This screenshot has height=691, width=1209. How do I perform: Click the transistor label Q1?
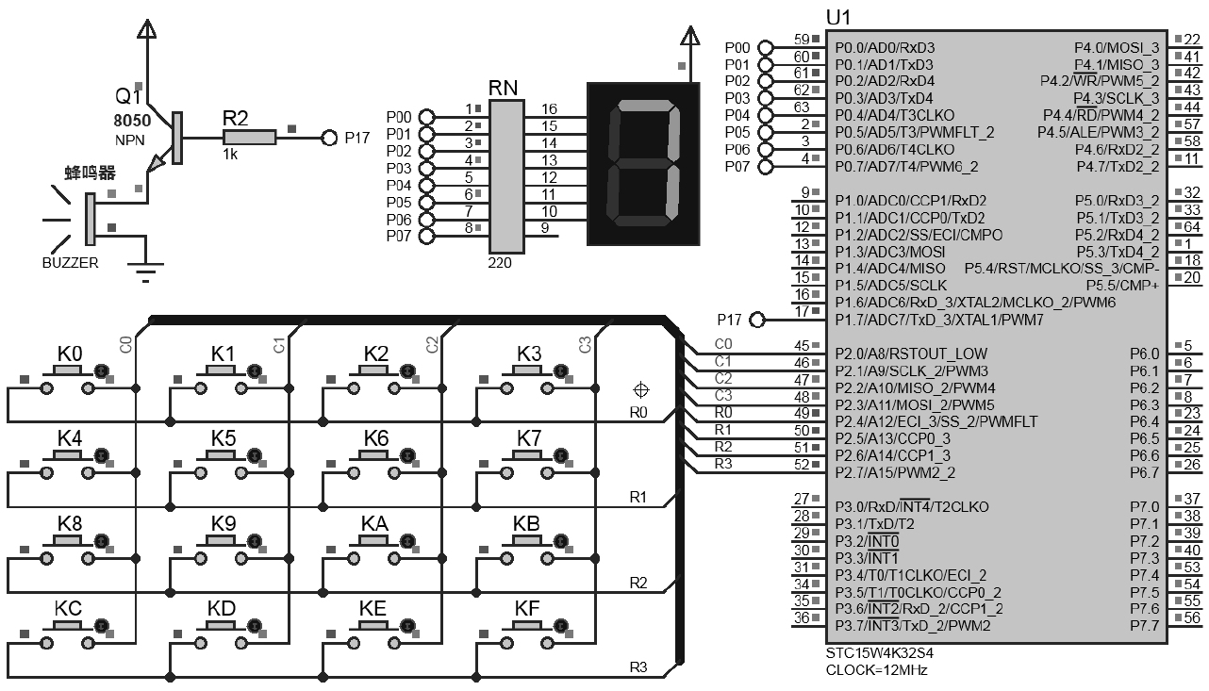[128, 97]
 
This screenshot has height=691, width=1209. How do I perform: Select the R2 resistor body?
[249, 138]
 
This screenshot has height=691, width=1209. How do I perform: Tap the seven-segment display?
[645, 165]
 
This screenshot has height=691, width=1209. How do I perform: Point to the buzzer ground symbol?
[145, 274]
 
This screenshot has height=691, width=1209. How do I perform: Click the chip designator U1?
[838, 18]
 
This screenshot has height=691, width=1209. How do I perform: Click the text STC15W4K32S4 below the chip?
[872, 652]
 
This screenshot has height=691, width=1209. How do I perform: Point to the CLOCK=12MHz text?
[876, 670]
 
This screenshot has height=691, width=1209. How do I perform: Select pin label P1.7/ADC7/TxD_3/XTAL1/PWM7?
[939, 320]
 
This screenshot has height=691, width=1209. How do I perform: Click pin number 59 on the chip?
[802, 40]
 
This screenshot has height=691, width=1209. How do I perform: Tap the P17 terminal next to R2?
[329, 138]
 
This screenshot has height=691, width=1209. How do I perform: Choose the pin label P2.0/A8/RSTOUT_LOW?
[911, 354]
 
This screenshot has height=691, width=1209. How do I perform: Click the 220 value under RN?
[500, 263]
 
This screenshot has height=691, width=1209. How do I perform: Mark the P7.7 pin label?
[1144, 626]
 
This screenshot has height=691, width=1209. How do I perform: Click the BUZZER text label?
[70, 263]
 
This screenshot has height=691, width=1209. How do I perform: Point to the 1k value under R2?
[230, 154]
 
